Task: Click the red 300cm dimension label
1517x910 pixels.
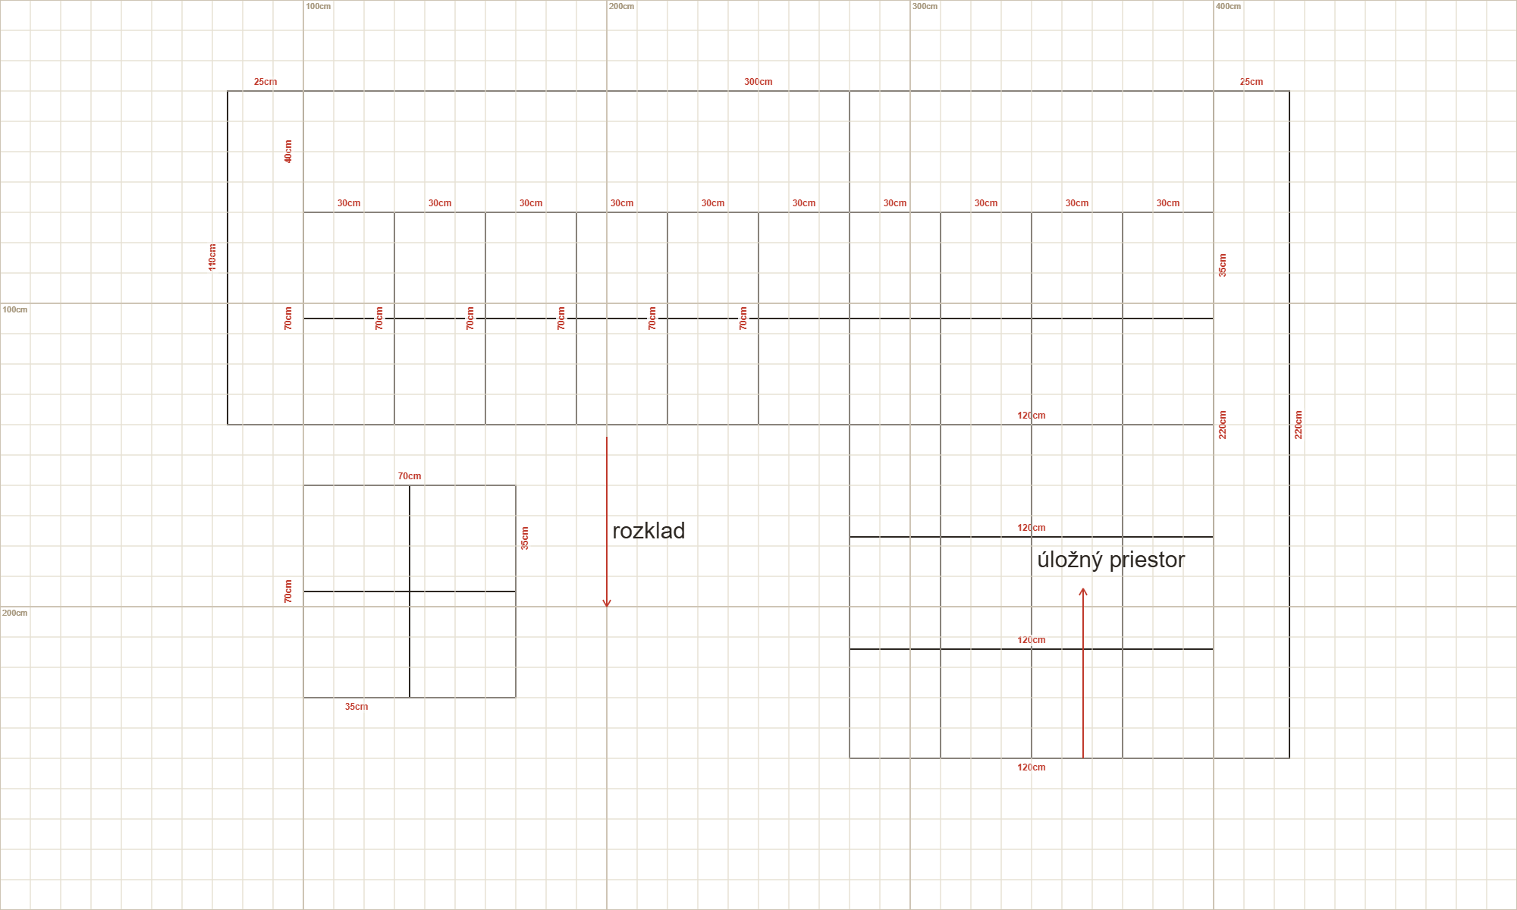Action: (758, 82)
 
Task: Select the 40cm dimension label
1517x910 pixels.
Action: (288, 152)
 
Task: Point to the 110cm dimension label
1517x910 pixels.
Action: (212, 257)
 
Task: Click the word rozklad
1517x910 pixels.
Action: (649, 531)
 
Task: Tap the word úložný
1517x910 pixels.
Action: (1069, 560)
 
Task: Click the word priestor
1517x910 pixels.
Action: (1147, 560)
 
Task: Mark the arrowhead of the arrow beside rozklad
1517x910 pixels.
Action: (607, 604)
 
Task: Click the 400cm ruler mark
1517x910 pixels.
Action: (1228, 6)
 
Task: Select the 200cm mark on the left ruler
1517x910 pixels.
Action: (14, 613)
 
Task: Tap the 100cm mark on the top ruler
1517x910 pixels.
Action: (318, 6)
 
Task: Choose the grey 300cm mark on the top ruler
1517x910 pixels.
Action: (925, 6)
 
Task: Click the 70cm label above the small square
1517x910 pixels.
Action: (410, 476)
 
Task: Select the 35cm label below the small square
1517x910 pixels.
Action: (356, 707)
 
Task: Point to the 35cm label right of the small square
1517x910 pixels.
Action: (525, 538)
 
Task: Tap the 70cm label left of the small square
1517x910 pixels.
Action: (288, 591)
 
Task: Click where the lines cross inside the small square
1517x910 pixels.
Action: (410, 591)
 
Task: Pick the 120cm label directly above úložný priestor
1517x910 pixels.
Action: (1032, 528)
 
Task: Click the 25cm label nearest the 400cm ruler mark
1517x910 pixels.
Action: (1252, 82)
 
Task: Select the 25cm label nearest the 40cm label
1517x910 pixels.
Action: (265, 82)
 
